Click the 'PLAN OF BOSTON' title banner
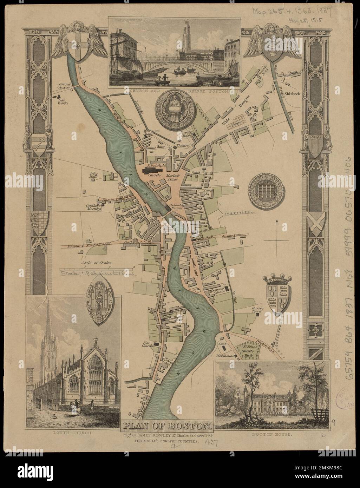pos(167,426)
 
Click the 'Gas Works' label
pos(64,101)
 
